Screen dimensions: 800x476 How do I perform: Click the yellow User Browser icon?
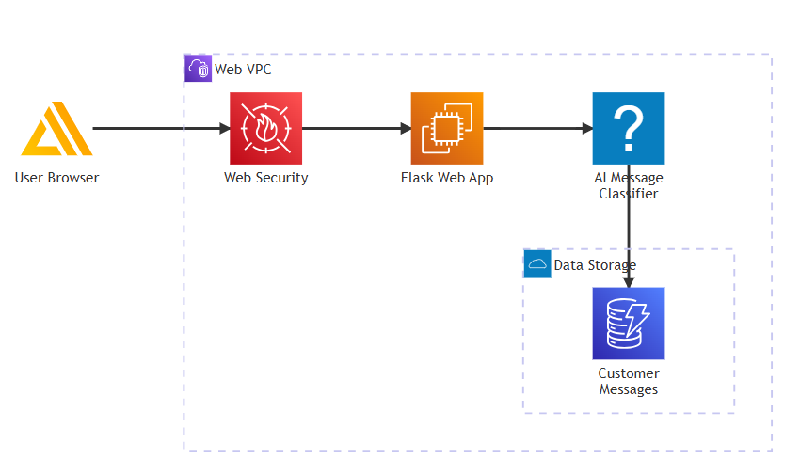click(56, 129)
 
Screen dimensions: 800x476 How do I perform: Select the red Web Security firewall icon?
click(265, 129)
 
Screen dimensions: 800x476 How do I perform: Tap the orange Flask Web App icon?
click(447, 129)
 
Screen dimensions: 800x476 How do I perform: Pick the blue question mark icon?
click(629, 129)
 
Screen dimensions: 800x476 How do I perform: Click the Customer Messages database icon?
click(629, 324)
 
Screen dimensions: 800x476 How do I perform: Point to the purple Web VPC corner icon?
click(198, 68)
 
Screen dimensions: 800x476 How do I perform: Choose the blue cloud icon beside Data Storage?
click(537, 263)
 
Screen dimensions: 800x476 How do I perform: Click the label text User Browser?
click(56, 178)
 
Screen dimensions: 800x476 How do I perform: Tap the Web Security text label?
click(265, 178)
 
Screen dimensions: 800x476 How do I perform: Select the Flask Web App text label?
click(447, 178)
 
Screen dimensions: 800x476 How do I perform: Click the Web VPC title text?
click(243, 70)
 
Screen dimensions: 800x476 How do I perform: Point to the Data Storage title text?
click(595, 265)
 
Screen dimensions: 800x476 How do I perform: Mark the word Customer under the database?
click(629, 373)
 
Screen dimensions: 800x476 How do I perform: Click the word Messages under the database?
click(629, 389)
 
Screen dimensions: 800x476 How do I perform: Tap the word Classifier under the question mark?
click(629, 194)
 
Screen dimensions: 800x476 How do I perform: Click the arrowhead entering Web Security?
click(225, 129)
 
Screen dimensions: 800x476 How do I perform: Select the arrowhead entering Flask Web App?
click(406, 129)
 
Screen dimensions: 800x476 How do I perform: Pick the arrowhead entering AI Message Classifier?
click(587, 129)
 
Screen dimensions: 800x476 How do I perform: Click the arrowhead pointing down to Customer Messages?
click(629, 282)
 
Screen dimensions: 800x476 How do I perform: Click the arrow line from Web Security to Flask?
click(356, 129)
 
